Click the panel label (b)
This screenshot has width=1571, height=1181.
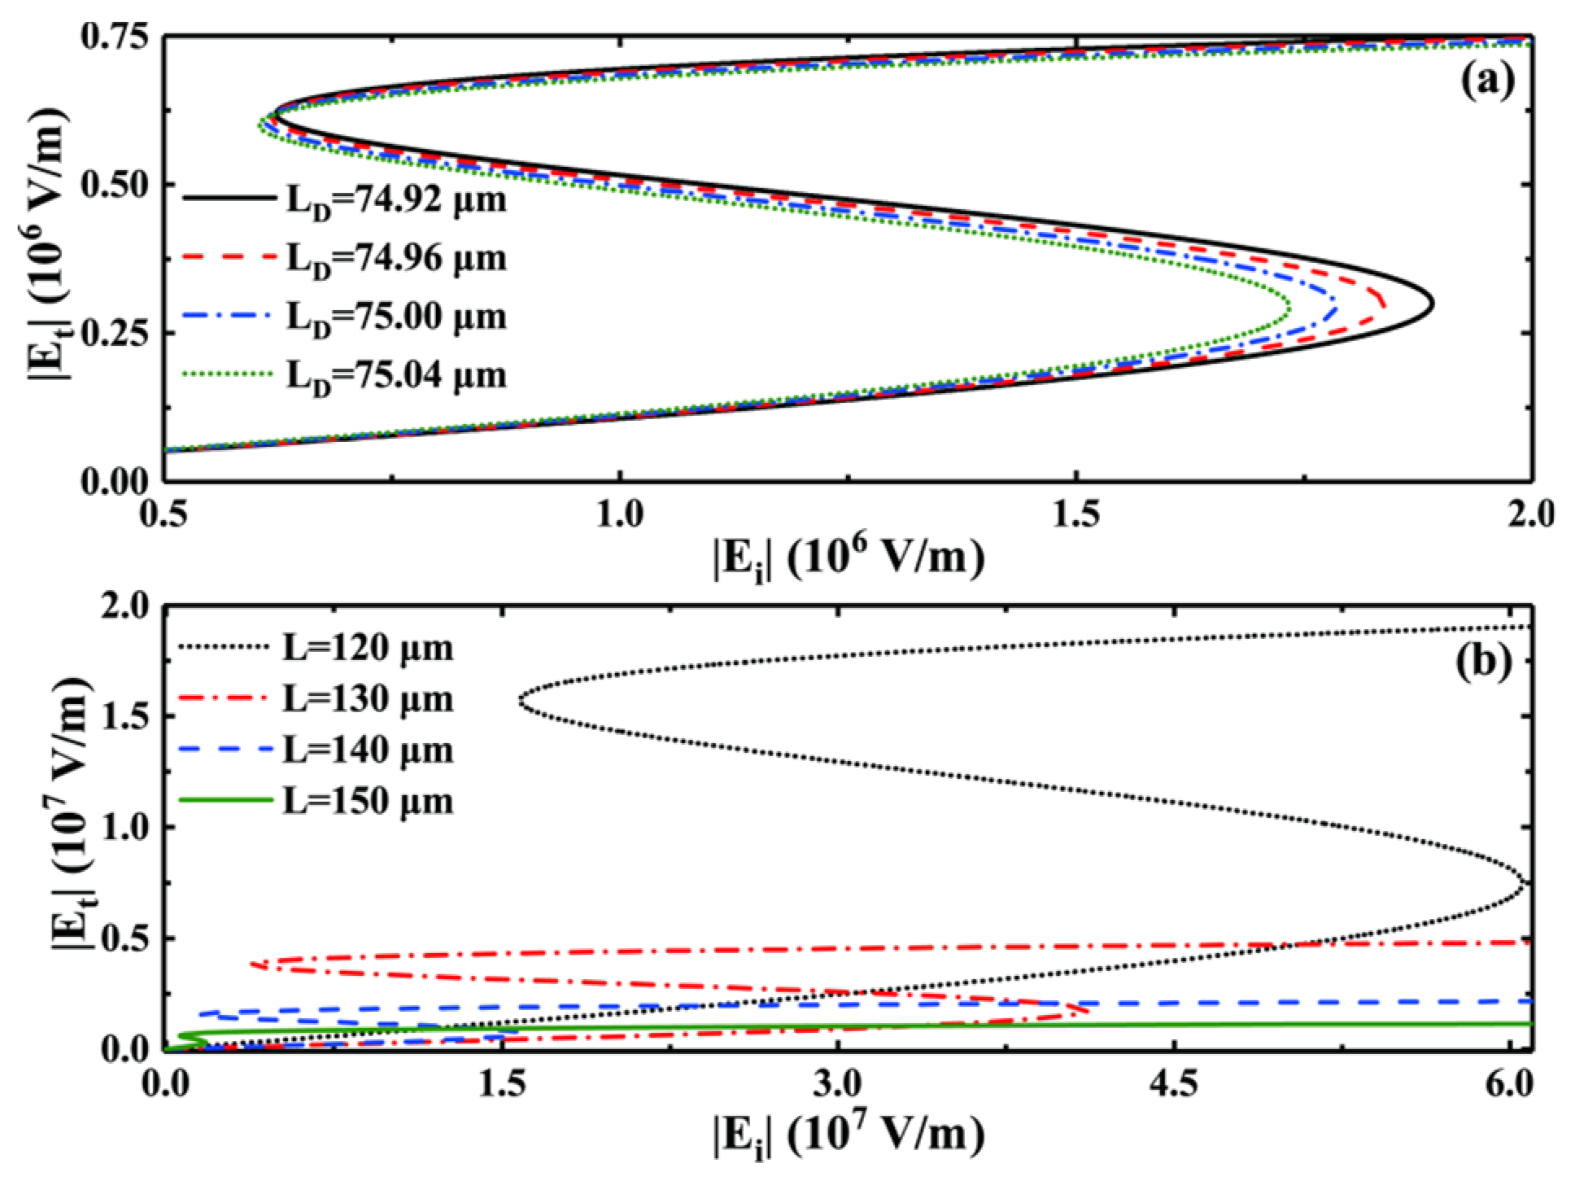(x=1483, y=661)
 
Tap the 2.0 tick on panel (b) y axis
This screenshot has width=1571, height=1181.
(x=125, y=606)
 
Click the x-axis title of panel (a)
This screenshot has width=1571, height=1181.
(x=849, y=560)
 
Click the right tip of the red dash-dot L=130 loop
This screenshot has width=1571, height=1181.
(x=1087, y=1012)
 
